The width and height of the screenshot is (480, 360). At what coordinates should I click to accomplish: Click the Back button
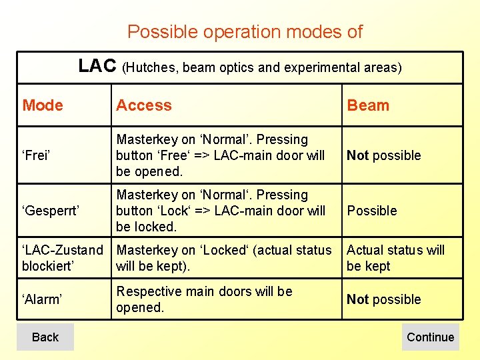pos(45,337)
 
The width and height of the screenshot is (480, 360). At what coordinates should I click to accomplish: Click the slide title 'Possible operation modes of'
pos(245,31)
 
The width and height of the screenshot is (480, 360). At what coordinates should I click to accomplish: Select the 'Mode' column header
pos(43,105)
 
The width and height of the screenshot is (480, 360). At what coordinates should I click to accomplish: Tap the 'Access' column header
pos(143,105)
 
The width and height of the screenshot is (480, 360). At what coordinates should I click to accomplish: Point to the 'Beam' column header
pos(368,105)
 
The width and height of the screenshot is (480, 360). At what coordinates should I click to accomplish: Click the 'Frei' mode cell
pos(38,155)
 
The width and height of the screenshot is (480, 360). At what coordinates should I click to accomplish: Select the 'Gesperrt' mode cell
pos(51,211)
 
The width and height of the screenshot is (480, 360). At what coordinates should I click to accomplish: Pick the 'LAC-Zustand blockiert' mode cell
pos(63,258)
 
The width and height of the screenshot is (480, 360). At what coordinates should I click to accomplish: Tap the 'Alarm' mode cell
pos(43,299)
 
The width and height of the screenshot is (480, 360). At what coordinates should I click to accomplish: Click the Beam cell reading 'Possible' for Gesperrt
pos(372,211)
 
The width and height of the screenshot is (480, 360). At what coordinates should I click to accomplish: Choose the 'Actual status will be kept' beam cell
pos(395,258)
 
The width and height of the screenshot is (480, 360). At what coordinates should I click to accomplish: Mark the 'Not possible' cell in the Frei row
pos(384,155)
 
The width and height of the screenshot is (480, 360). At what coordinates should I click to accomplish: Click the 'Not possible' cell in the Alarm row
pos(384,299)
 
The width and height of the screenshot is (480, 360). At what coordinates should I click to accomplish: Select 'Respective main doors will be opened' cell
pos(204,299)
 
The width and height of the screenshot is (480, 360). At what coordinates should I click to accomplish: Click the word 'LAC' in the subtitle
pos(97,66)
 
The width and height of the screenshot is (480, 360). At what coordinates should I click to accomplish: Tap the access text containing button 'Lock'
pos(220,211)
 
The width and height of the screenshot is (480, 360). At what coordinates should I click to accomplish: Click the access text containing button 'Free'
pos(220,155)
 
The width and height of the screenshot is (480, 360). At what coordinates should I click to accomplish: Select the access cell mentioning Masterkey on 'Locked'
pos(223,258)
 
